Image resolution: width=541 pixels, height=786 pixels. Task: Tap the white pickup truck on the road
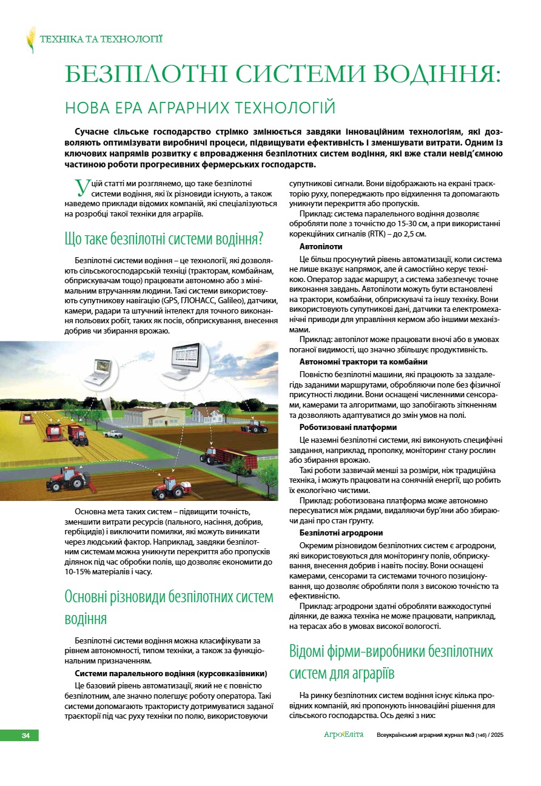(113, 434)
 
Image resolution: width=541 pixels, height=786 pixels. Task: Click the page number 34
(25, 736)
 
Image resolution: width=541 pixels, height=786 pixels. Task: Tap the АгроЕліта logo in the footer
(343, 735)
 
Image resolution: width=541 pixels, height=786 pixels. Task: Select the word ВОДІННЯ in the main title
(435, 75)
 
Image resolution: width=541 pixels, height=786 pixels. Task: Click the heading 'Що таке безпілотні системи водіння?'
(163, 238)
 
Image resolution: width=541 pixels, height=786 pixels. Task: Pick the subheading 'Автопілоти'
(321, 247)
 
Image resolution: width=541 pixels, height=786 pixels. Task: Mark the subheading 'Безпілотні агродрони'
(341, 532)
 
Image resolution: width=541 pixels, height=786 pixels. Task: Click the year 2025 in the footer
(497, 736)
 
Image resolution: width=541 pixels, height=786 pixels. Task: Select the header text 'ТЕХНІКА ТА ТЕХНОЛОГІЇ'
(101, 39)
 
